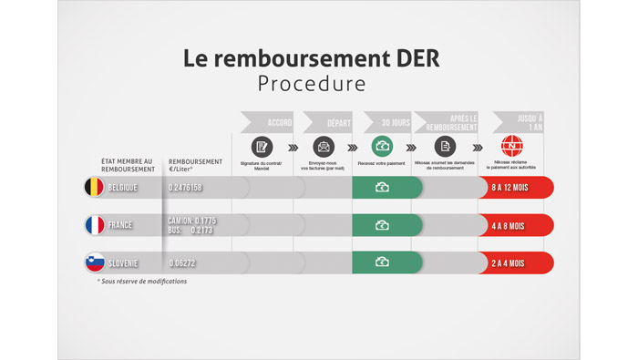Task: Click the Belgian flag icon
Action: [94, 188]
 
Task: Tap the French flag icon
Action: [94, 225]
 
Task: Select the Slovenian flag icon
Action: [94, 262]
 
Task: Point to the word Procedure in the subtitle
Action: [312, 84]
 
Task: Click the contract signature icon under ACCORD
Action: [262, 147]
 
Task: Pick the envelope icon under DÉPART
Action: [324, 147]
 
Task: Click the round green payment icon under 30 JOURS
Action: [383, 147]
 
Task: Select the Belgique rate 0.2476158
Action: [185, 188]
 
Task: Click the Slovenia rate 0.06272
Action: [181, 263]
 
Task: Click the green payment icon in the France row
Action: [383, 225]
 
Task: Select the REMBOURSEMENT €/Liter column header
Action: [195, 165]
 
